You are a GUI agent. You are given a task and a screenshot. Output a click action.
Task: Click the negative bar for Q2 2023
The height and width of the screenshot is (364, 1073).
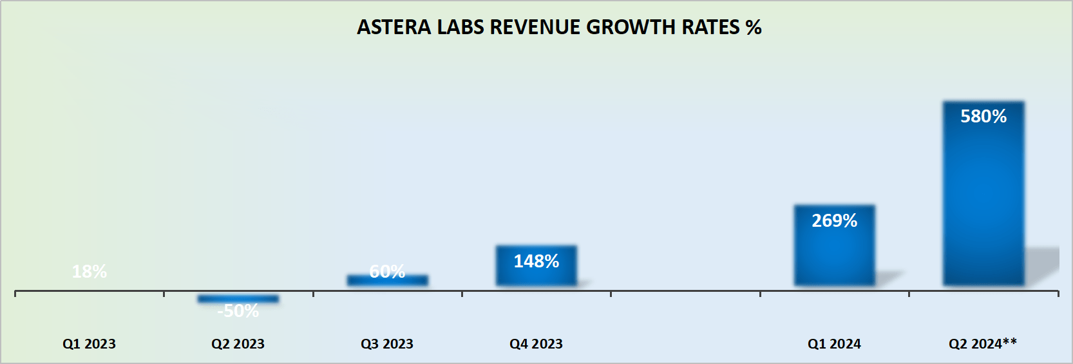238,299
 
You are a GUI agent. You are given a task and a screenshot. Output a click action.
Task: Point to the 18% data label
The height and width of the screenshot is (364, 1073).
90,271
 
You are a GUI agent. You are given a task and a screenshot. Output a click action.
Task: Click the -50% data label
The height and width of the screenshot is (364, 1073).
238,311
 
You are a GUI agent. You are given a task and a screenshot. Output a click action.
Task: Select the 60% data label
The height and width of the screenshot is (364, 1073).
387,271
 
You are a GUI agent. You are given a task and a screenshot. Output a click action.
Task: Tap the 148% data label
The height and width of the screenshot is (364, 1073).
536,261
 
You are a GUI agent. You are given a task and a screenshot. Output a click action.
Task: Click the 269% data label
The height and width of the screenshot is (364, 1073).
834,220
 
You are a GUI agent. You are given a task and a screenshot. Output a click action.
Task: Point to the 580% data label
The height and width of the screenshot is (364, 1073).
983,116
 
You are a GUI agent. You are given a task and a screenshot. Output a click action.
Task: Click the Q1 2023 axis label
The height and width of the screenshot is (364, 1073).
89,344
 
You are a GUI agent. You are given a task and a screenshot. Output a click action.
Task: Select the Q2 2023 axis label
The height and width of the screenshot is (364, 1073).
238,344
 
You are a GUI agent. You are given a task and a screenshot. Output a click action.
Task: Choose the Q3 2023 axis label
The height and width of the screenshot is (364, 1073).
387,344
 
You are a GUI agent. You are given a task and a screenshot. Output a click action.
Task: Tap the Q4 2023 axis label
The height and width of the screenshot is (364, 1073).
536,344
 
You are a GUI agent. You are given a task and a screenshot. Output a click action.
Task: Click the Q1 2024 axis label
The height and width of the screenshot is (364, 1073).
834,344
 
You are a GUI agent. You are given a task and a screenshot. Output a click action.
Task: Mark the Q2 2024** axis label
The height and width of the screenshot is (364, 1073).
983,343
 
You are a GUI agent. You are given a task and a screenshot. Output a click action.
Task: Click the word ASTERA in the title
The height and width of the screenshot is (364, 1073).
394,27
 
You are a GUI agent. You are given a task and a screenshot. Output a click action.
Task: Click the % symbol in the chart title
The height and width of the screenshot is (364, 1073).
754,27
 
